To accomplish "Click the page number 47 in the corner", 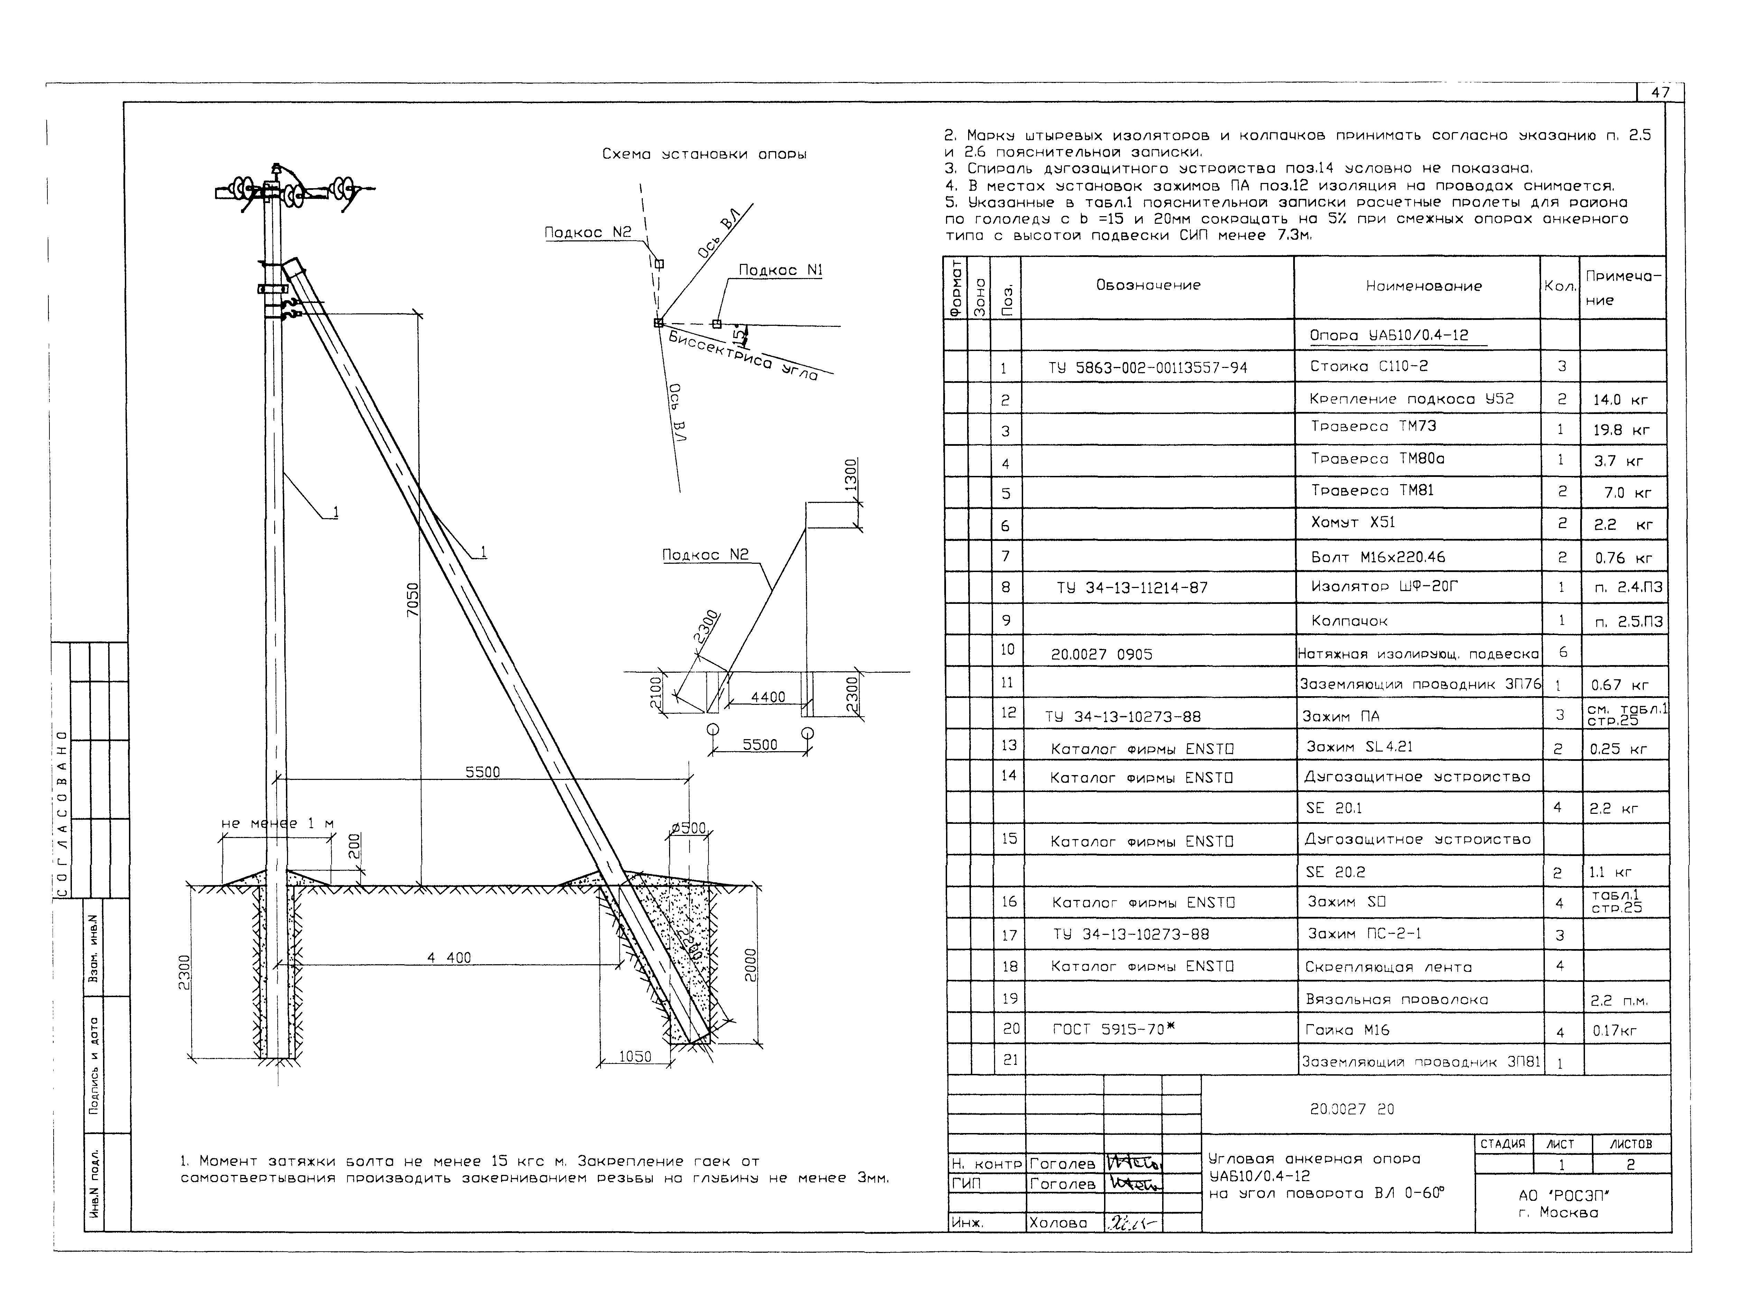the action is coord(1660,93).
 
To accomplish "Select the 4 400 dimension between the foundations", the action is coord(449,957).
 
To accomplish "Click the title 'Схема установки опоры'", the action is coord(704,154).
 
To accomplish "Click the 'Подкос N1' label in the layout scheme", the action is coord(780,270).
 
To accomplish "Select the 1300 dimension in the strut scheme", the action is coord(850,476).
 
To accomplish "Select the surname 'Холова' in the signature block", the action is coord(1058,1222).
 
